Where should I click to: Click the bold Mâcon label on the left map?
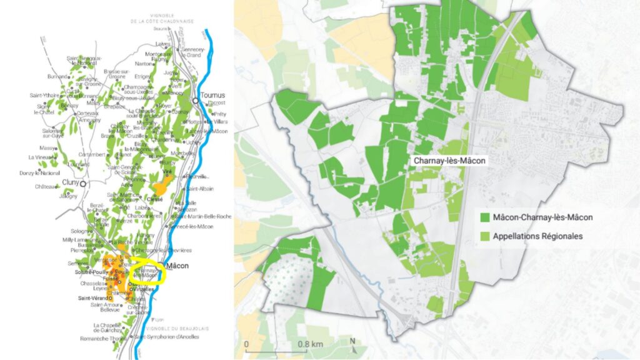tap(182, 266)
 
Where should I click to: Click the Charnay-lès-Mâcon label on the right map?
tap(450, 161)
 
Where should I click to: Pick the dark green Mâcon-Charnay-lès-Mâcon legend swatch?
tap(484, 217)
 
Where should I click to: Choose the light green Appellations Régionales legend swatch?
tap(484, 236)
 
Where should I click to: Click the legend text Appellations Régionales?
tap(537, 236)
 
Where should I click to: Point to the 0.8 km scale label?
tap(310, 344)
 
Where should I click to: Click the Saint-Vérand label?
tap(91, 298)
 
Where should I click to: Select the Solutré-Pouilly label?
tap(92, 273)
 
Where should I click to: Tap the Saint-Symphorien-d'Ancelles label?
tap(164, 337)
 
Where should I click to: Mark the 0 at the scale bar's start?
tap(246, 344)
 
